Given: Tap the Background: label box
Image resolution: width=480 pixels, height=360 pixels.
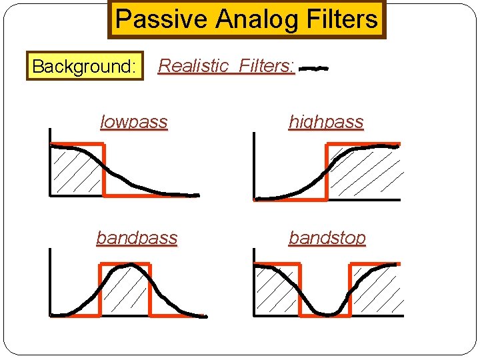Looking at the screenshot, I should (x=85, y=67).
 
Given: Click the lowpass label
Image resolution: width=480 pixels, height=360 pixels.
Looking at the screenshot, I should (x=133, y=122).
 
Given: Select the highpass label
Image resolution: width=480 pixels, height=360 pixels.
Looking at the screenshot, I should (x=326, y=122).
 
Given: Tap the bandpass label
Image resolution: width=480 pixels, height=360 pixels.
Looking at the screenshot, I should (x=137, y=237).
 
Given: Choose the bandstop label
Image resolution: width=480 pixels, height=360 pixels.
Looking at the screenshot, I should (x=327, y=237).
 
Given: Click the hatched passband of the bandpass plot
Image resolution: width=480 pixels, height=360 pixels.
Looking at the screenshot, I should (x=125, y=293).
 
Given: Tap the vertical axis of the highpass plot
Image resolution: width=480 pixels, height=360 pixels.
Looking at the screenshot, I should (x=254, y=167).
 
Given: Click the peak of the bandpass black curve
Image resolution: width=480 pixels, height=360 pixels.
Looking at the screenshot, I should (x=126, y=266).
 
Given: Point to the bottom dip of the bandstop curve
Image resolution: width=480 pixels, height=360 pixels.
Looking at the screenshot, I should (x=326, y=313).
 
